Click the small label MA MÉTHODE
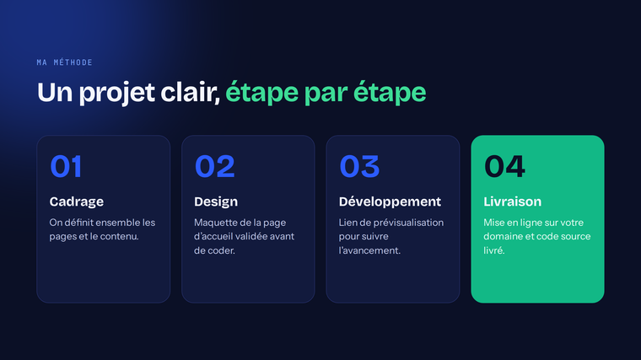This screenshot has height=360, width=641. (65, 62)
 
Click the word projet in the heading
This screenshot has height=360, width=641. (117, 94)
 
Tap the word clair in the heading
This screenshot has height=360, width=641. (188, 92)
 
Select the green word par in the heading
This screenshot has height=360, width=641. (326, 94)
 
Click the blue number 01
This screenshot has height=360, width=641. (66, 166)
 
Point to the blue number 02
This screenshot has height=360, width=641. (215, 166)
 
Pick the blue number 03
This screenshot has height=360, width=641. (360, 166)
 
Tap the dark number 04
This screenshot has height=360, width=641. (504, 166)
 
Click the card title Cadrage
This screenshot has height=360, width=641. (77, 201)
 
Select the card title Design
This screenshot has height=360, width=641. (216, 201)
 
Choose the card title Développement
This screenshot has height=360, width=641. (390, 201)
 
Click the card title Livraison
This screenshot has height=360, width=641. (513, 201)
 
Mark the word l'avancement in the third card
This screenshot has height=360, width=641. (369, 250)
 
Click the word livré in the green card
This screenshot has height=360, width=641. (494, 250)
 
